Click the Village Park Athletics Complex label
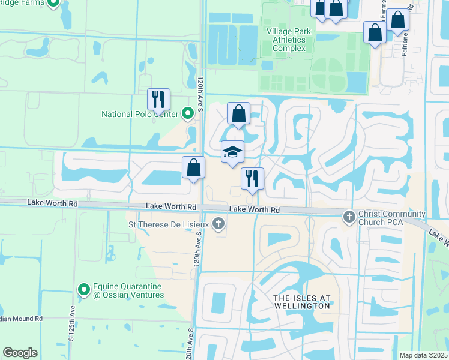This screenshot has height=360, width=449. point(289,40)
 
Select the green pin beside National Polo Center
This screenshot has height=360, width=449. point(188,112)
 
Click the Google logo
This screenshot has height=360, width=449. point(20,353)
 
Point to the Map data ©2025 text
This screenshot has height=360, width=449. point(423,355)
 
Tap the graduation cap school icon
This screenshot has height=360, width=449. point(232,152)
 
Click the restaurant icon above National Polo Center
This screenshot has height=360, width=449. point(159,99)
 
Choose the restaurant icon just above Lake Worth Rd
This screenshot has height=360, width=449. point(252,178)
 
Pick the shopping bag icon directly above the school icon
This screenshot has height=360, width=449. point(238,113)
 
